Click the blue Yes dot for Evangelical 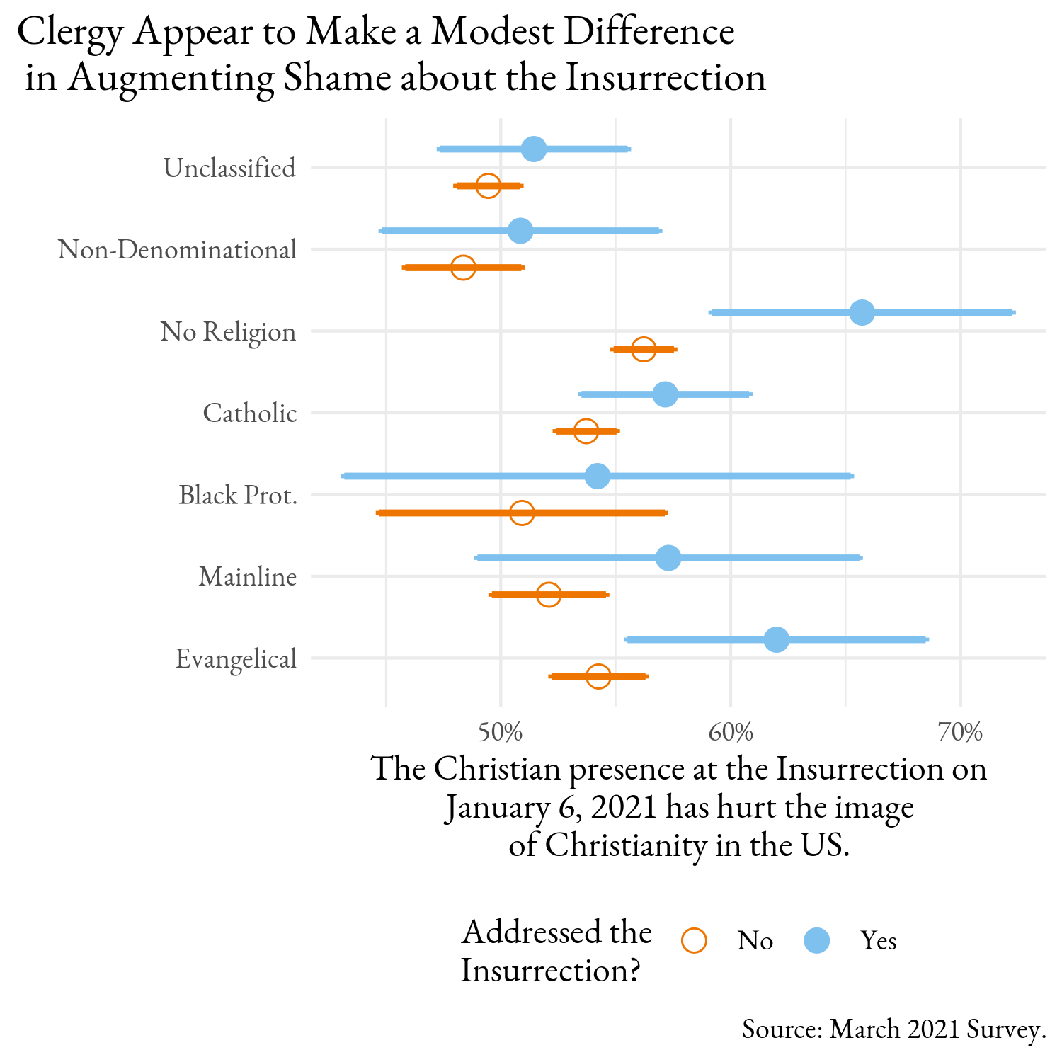(777, 639)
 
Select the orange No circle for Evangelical (598, 676)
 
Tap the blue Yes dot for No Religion (862, 312)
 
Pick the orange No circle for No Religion (644, 349)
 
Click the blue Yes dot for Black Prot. (598, 476)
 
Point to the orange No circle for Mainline (549, 594)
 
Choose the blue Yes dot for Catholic (665, 394)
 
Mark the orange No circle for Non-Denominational (463, 267)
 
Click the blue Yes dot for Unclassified (534, 149)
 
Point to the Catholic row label (250, 413)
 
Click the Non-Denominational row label (177, 249)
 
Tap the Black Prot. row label (238, 495)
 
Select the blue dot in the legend (817, 940)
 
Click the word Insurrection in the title (666, 78)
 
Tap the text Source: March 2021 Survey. (894, 1029)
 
